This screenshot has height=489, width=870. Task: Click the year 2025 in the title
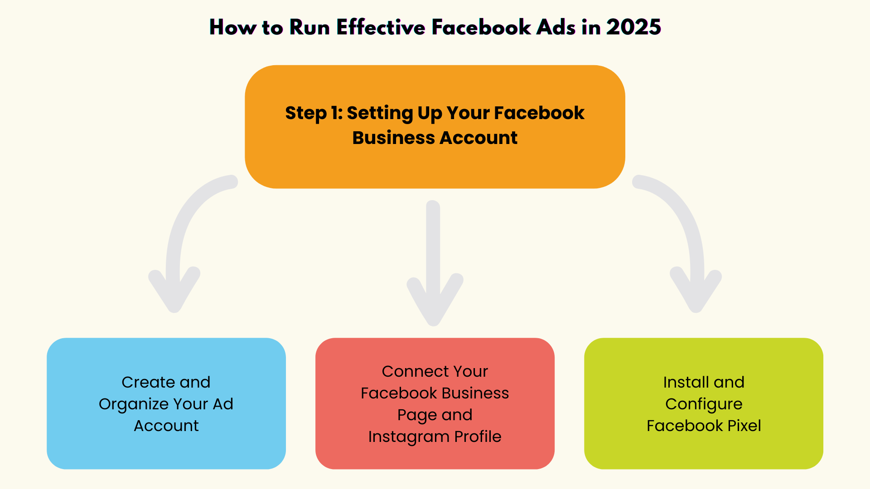633,27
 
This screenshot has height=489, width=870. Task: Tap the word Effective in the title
381,27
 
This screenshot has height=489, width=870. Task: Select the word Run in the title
309,27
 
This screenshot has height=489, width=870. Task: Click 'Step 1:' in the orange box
314,113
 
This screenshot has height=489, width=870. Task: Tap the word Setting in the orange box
380,113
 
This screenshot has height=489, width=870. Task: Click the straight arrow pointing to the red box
434,263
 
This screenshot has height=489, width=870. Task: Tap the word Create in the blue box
148,382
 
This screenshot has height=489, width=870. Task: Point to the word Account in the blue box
166,426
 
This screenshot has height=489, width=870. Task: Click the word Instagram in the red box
409,436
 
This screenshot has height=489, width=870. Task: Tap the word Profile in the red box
478,436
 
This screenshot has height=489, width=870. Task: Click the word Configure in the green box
704,404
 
